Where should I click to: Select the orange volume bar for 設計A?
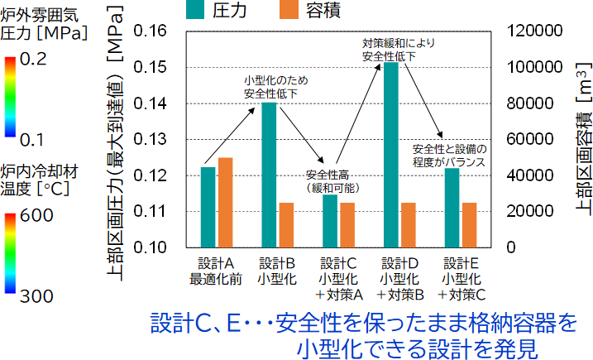pos(226,203)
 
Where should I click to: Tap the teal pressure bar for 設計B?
pos(269,175)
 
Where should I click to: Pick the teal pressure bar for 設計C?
pos(330,221)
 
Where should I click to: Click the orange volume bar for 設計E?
pos(469,225)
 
